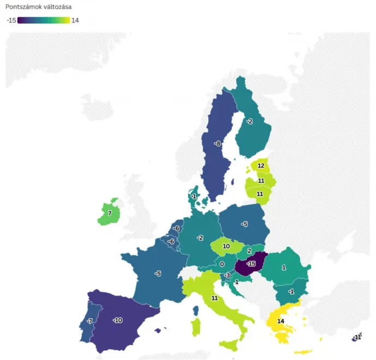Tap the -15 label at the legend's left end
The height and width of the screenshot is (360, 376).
coord(11,20)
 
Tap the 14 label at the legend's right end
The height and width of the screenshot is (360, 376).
coord(75,20)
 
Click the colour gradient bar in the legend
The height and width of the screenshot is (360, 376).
coord(43,20)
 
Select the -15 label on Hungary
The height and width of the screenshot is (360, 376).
coord(251,264)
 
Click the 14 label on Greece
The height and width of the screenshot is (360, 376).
coord(281,321)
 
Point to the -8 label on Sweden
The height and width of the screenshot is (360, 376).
coord(217,143)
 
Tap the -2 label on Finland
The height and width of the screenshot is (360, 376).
coord(249,121)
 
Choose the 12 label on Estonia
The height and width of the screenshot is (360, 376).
coord(261,166)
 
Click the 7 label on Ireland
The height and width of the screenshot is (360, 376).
coord(110,213)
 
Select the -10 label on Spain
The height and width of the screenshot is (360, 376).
coord(117,320)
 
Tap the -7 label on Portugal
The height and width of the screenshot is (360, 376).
coord(89,321)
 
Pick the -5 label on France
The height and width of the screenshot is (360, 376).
coord(157,273)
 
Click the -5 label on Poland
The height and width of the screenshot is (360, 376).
coord(245,224)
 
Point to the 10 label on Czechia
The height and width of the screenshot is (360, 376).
coord(226,247)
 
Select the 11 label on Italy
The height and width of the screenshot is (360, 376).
coord(215,298)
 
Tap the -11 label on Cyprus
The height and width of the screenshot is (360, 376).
coord(357,338)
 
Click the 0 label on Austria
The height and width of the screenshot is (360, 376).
coord(222,264)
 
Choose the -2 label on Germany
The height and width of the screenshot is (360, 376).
coord(201,238)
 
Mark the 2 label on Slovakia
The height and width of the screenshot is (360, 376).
coord(249,251)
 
